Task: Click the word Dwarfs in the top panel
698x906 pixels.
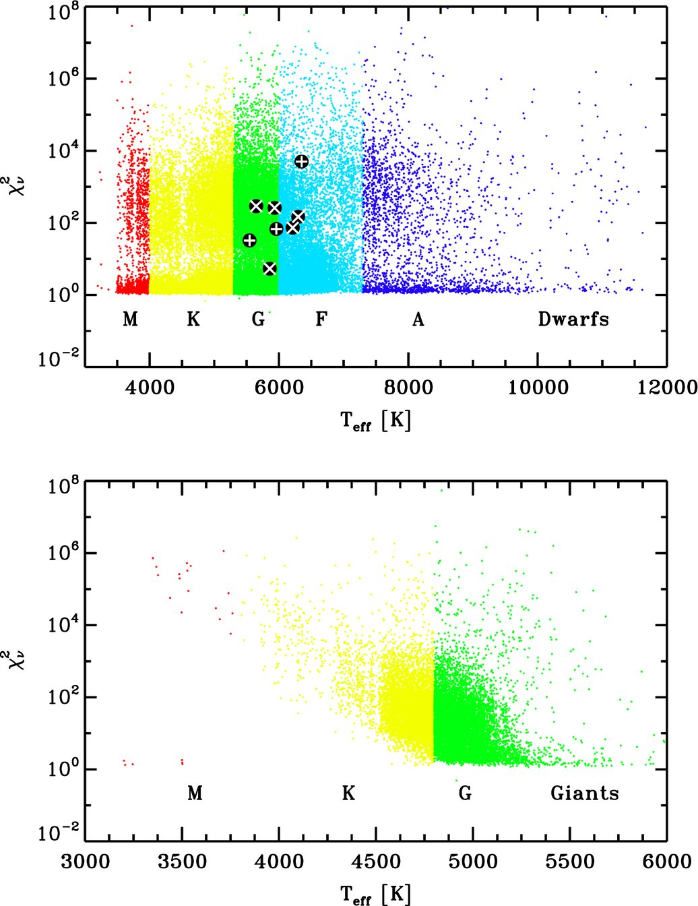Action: coord(573,319)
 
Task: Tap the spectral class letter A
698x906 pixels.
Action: coord(418,319)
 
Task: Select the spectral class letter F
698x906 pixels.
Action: coord(321,319)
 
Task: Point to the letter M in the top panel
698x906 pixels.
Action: coord(130,319)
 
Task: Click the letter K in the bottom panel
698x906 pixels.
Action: coord(348,793)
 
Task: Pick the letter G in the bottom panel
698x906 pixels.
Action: coord(465,793)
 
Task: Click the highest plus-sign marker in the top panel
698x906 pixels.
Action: coord(301,161)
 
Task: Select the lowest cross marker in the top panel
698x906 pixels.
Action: coord(269,268)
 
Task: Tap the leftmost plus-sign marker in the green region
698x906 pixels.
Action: coord(249,241)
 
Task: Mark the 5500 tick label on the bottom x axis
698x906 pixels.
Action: coord(569,862)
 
